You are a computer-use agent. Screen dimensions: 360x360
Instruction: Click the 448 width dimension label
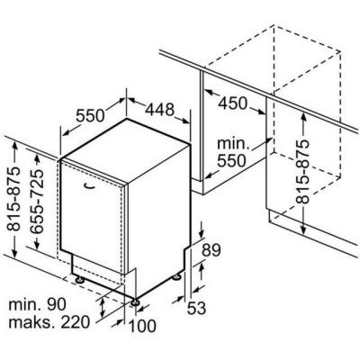click(159, 110)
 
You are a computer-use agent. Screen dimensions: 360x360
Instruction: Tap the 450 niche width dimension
click(232, 103)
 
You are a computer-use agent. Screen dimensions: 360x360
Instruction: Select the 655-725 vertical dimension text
click(38, 202)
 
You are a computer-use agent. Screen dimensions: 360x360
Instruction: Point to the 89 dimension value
click(211, 250)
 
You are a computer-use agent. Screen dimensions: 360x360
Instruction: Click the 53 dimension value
click(196, 308)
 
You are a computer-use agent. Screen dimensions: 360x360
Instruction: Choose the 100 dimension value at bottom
click(142, 326)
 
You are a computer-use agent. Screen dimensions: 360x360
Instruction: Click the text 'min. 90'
click(37, 305)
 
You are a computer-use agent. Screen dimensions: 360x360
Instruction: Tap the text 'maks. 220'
click(49, 322)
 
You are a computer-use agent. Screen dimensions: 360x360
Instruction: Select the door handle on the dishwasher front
click(90, 186)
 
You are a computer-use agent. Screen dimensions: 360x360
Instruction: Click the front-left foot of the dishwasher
click(80, 280)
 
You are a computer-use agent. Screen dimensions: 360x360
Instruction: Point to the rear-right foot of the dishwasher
click(176, 277)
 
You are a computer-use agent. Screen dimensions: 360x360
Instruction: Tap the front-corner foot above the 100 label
click(135, 302)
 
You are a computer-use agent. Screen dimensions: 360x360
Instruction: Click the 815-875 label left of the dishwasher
click(14, 200)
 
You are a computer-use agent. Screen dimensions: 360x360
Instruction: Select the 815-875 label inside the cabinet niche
click(302, 172)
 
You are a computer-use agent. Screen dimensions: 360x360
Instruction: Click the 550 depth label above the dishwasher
click(90, 115)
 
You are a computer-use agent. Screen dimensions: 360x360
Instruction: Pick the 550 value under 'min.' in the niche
click(231, 161)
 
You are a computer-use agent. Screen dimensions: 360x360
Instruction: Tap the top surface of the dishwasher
click(126, 150)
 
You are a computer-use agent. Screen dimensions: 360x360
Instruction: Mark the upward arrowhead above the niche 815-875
click(302, 116)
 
